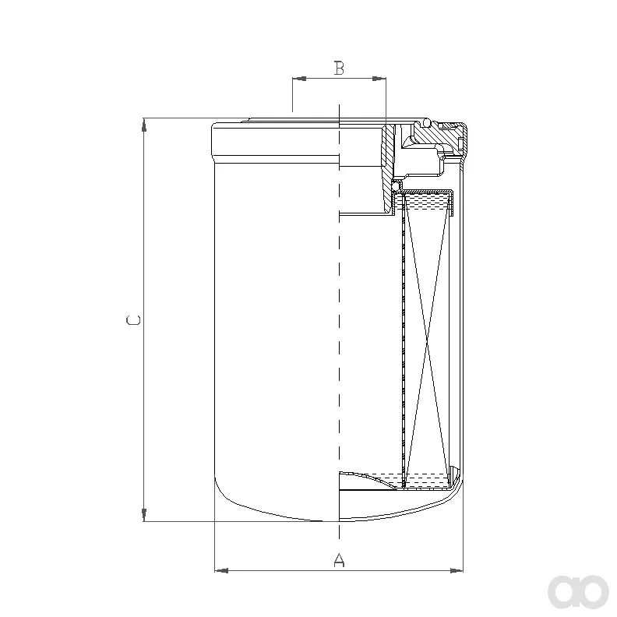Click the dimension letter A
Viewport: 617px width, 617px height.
(x=339, y=559)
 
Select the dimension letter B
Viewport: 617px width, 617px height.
(x=339, y=68)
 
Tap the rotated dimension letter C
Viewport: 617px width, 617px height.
(x=133, y=320)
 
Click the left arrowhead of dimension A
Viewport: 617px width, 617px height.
(x=221, y=570)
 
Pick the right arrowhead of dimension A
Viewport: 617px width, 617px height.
(x=457, y=570)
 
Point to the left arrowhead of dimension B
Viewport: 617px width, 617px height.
(x=299, y=79)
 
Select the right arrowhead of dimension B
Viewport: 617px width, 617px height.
(x=379, y=79)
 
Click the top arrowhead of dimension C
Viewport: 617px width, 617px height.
(x=144, y=125)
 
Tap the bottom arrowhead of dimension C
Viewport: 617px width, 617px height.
(x=144, y=515)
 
